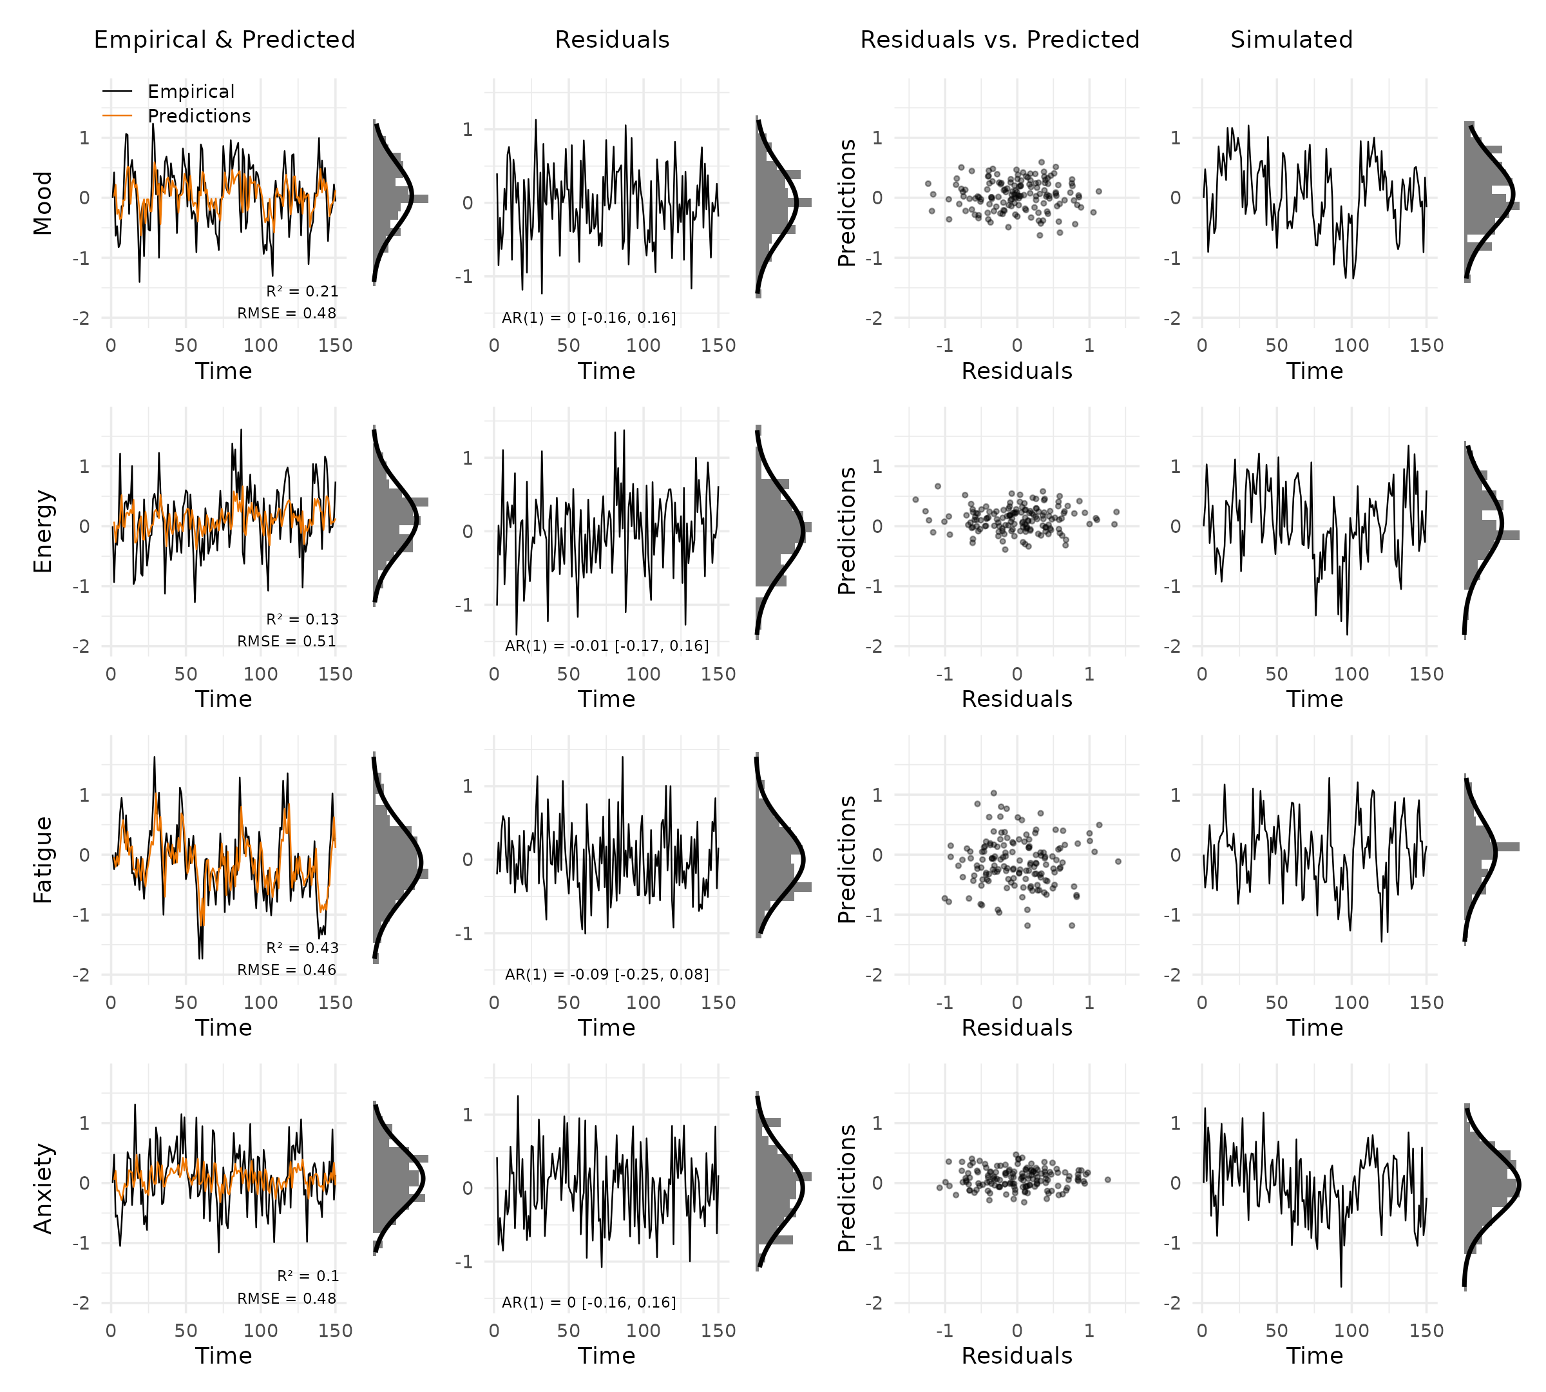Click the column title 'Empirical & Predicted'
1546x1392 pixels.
[x=224, y=40]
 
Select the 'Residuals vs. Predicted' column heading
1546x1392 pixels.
[x=999, y=40]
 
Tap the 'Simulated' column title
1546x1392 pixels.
[x=1291, y=40]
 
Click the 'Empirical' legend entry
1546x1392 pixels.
[x=191, y=92]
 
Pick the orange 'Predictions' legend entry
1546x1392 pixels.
[x=199, y=116]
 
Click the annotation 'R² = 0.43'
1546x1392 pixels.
[x=302, y=947]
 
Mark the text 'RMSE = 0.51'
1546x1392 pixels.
[x=287, y=641]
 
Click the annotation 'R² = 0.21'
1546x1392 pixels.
[x=302, y=291]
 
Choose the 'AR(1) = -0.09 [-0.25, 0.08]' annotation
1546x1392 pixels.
[x=606, y=974]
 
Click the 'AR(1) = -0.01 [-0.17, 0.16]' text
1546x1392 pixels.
[x=606, y=646]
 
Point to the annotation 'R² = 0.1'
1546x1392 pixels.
[x=307, y=1276]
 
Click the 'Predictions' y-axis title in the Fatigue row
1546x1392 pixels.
[x=846, y=860]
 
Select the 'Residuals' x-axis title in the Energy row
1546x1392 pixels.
[x=1016, y=699]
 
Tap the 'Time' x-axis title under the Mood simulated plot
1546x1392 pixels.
[x=1313, y=371]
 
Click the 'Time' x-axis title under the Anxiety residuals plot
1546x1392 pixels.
[x=606, y=1355]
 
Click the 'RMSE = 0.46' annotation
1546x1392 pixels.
[x=287, y=970]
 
